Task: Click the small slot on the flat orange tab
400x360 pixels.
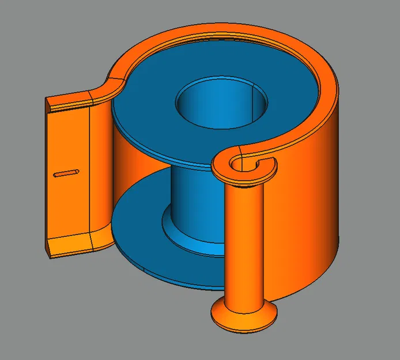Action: (x=66, y=172)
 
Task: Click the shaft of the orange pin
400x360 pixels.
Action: (x=244, y=242)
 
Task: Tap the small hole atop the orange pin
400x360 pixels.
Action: (x=239, y=165)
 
